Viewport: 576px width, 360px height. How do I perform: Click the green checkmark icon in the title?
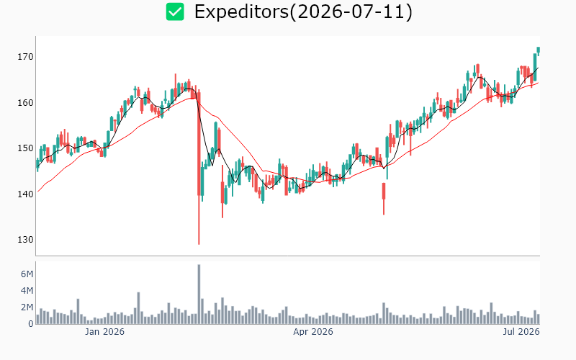(x=175, y=12)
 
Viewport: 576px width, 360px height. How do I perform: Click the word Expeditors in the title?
(x=242, y=12)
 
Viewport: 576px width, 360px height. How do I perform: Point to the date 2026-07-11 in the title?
(x=351, y=12)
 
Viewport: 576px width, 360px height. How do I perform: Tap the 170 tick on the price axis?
(x=25, y=57)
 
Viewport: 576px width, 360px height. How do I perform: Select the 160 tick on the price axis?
(x=25, y=102)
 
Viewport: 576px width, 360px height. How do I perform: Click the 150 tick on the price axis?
(x=25, y=148)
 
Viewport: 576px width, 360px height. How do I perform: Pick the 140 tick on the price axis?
(x=25, y=194)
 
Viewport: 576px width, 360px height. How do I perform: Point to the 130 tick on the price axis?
(x=25, y=240)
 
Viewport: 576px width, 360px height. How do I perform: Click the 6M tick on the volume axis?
(x=27, y=274)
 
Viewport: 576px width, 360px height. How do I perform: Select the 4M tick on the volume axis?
(x=27, y=291)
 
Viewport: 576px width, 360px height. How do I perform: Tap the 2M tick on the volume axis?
(x=27, y=307)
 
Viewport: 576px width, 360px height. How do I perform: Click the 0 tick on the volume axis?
(x=31, y=323)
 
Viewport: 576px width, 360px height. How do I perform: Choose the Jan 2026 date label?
(x=104, y=332)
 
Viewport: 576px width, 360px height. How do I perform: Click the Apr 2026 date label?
(x=313, y=332)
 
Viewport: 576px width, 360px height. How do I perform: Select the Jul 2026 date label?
(x=521, y=332)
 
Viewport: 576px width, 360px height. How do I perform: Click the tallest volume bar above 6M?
(x=199, y=294)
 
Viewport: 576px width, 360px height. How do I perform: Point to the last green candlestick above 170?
(x=539, y=50)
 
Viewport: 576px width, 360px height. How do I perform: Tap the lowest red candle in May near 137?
(x=384, y=199)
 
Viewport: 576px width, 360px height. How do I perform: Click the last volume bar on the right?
(x=539, y=319)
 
